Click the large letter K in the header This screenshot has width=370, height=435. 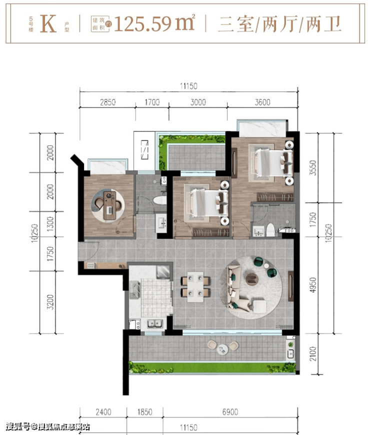pos(48,24)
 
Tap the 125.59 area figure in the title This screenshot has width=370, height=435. pos(142,24)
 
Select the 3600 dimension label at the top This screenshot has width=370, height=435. pos(262,102)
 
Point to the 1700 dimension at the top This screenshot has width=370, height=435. pos(152,102)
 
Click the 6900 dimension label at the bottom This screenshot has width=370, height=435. pos(230,412)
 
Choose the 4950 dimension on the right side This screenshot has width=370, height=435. pos(313,285)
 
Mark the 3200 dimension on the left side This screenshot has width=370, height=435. pos(50,302)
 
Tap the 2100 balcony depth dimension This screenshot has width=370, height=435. pos(313,353)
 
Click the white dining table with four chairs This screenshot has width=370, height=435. pos(195,287)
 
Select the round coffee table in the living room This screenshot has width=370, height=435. pos(252,279)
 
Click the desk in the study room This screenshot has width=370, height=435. pos(109,205)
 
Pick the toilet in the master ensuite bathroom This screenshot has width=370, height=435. pos(270,230)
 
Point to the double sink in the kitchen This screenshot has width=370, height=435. pos(155,323)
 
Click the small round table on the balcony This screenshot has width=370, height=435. pos(222,348)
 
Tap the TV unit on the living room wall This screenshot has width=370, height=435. pos(290,286)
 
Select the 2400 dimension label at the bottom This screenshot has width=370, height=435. pos(103,412)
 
